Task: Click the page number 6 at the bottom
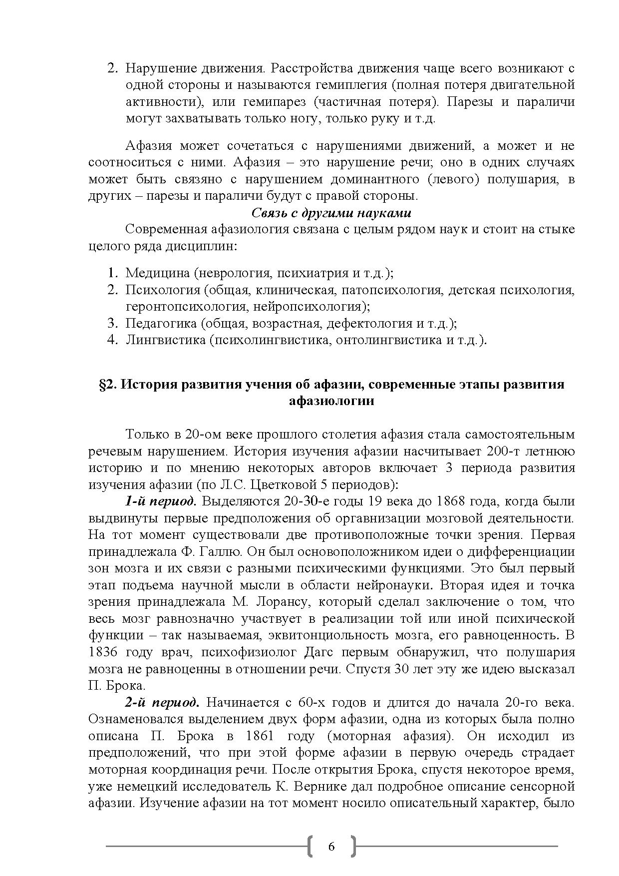click(x=331, y=846)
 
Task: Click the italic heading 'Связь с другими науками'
click(x=331, y=213)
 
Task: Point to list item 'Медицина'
click(x=157, y=273)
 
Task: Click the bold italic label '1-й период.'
click(x=161, y=501)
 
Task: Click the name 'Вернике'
click(x=318, y=787)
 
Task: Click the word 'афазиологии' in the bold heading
click(x=331, y=401)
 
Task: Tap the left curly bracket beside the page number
click(x=311, y=846)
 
